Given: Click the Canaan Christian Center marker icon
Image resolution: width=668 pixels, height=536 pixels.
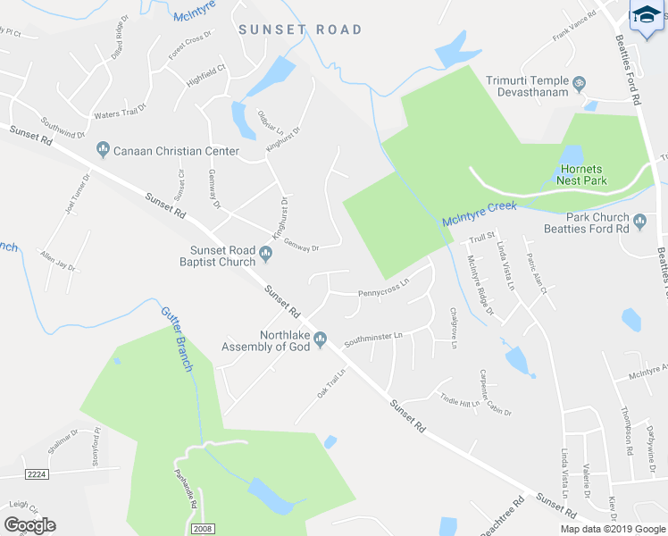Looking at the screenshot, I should click(103, 150).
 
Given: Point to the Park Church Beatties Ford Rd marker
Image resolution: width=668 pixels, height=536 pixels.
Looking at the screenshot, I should click(639, 221).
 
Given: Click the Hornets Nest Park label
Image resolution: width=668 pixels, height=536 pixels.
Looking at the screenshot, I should click(581, 174).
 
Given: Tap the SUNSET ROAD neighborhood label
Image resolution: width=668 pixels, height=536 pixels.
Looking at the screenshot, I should click(301, 29).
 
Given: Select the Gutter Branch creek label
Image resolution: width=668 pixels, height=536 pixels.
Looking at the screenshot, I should click(176, 339).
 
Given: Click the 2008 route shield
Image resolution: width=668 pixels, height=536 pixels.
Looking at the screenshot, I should click(204, 529).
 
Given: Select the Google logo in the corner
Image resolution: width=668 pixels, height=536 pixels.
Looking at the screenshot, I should click(29, 525).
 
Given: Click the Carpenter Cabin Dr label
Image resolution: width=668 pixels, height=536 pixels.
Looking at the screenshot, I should click(496, 393).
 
